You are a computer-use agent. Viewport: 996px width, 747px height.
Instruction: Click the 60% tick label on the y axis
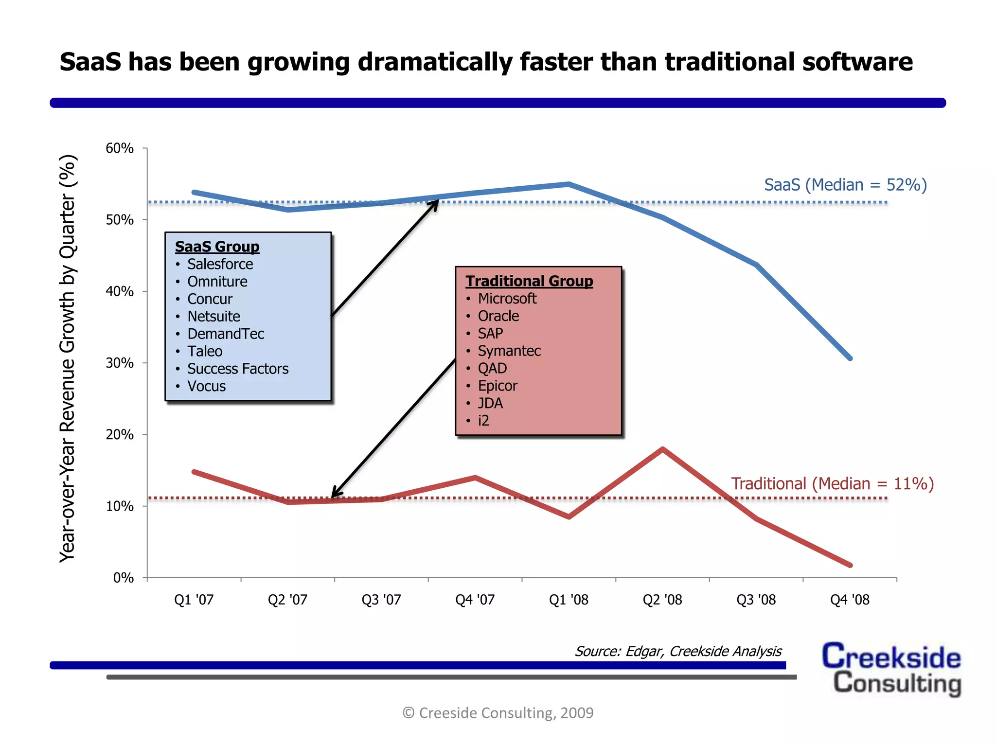pyautogui.click(x=120, y=148)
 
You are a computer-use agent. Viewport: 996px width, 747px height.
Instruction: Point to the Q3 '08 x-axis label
pyautogui.click(x=756, y=600)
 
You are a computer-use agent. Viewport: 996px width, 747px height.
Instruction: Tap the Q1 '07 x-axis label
pyautogui.click(x=194, y=600)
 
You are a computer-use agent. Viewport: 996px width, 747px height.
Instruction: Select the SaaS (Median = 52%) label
pyautogui.click(x=845, y=185)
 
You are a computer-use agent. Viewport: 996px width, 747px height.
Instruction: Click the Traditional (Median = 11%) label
pyautogui.click(x=832, y=483)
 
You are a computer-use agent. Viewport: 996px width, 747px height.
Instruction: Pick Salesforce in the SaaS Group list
pyautogui.click(x=220, y=264)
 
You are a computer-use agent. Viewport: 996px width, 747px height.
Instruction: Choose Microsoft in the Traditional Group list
pyautogui.click(x=507, y=299)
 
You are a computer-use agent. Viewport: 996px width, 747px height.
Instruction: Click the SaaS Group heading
pyautogui.click(x=217, y=247)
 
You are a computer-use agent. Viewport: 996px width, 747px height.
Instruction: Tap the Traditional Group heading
pyautogui.click(x=529, y=281)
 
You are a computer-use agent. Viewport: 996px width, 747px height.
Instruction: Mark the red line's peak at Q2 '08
pyautogui.click(x=663, y=449)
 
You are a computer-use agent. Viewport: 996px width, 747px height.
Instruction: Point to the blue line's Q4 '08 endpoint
pyautogui.click(x=850, y=358)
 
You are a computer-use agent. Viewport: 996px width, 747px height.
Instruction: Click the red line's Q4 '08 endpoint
pyautogui.click(x=850, y=565)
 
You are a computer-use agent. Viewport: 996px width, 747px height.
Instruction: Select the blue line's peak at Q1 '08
pyautogui.click(x=569, y=184)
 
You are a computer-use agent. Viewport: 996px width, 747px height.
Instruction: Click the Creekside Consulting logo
pyautogui.click(x=891, y=669)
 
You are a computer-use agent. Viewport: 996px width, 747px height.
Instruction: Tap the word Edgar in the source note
pyautogui.click(x=644, y=651)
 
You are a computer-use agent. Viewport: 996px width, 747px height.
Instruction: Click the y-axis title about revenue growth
pyautogui.click(x=68, y=358)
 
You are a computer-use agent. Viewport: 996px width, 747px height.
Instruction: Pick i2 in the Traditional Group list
pyautogui.click(x=483, y=421)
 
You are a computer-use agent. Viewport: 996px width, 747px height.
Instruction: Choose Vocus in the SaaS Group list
pyautogui.click(x=206, y=386)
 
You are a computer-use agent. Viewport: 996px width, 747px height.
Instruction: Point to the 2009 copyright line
pyautogui.click(x=498, y=712)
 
